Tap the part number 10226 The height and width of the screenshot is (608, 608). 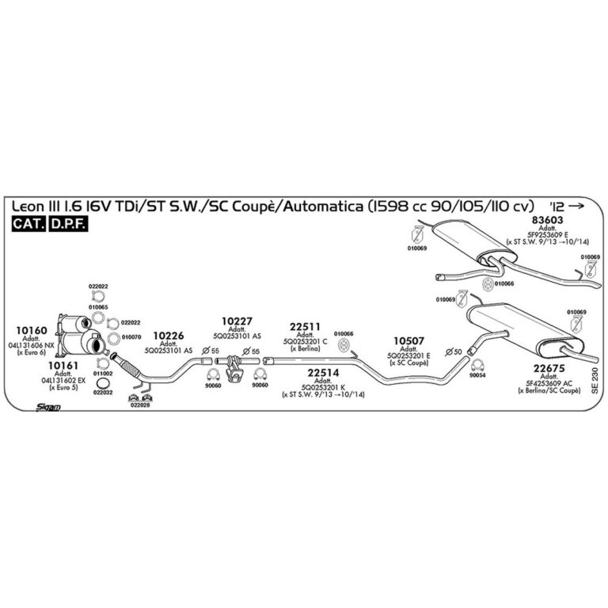[168, 336]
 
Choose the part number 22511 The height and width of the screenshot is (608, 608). [305, 326]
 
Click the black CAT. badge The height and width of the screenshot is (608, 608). [28, 225]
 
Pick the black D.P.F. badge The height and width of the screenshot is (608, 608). [68, 225]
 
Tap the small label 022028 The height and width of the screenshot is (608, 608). [139, 405]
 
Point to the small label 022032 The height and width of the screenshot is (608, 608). [103, 392]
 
